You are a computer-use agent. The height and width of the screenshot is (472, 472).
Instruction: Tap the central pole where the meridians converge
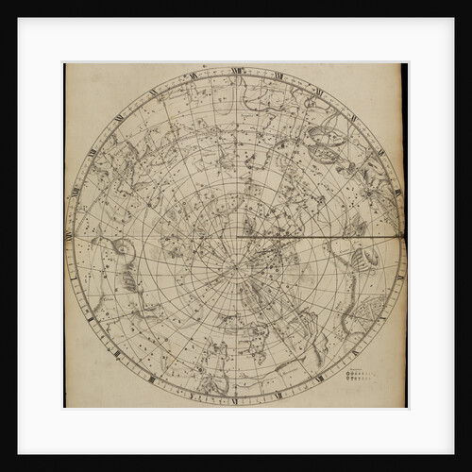pos(236,268)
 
